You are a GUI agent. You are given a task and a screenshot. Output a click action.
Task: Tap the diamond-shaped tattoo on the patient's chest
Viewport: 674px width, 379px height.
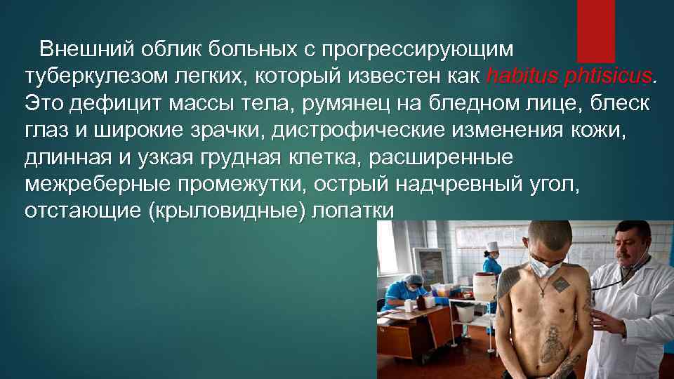coord(562,285)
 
